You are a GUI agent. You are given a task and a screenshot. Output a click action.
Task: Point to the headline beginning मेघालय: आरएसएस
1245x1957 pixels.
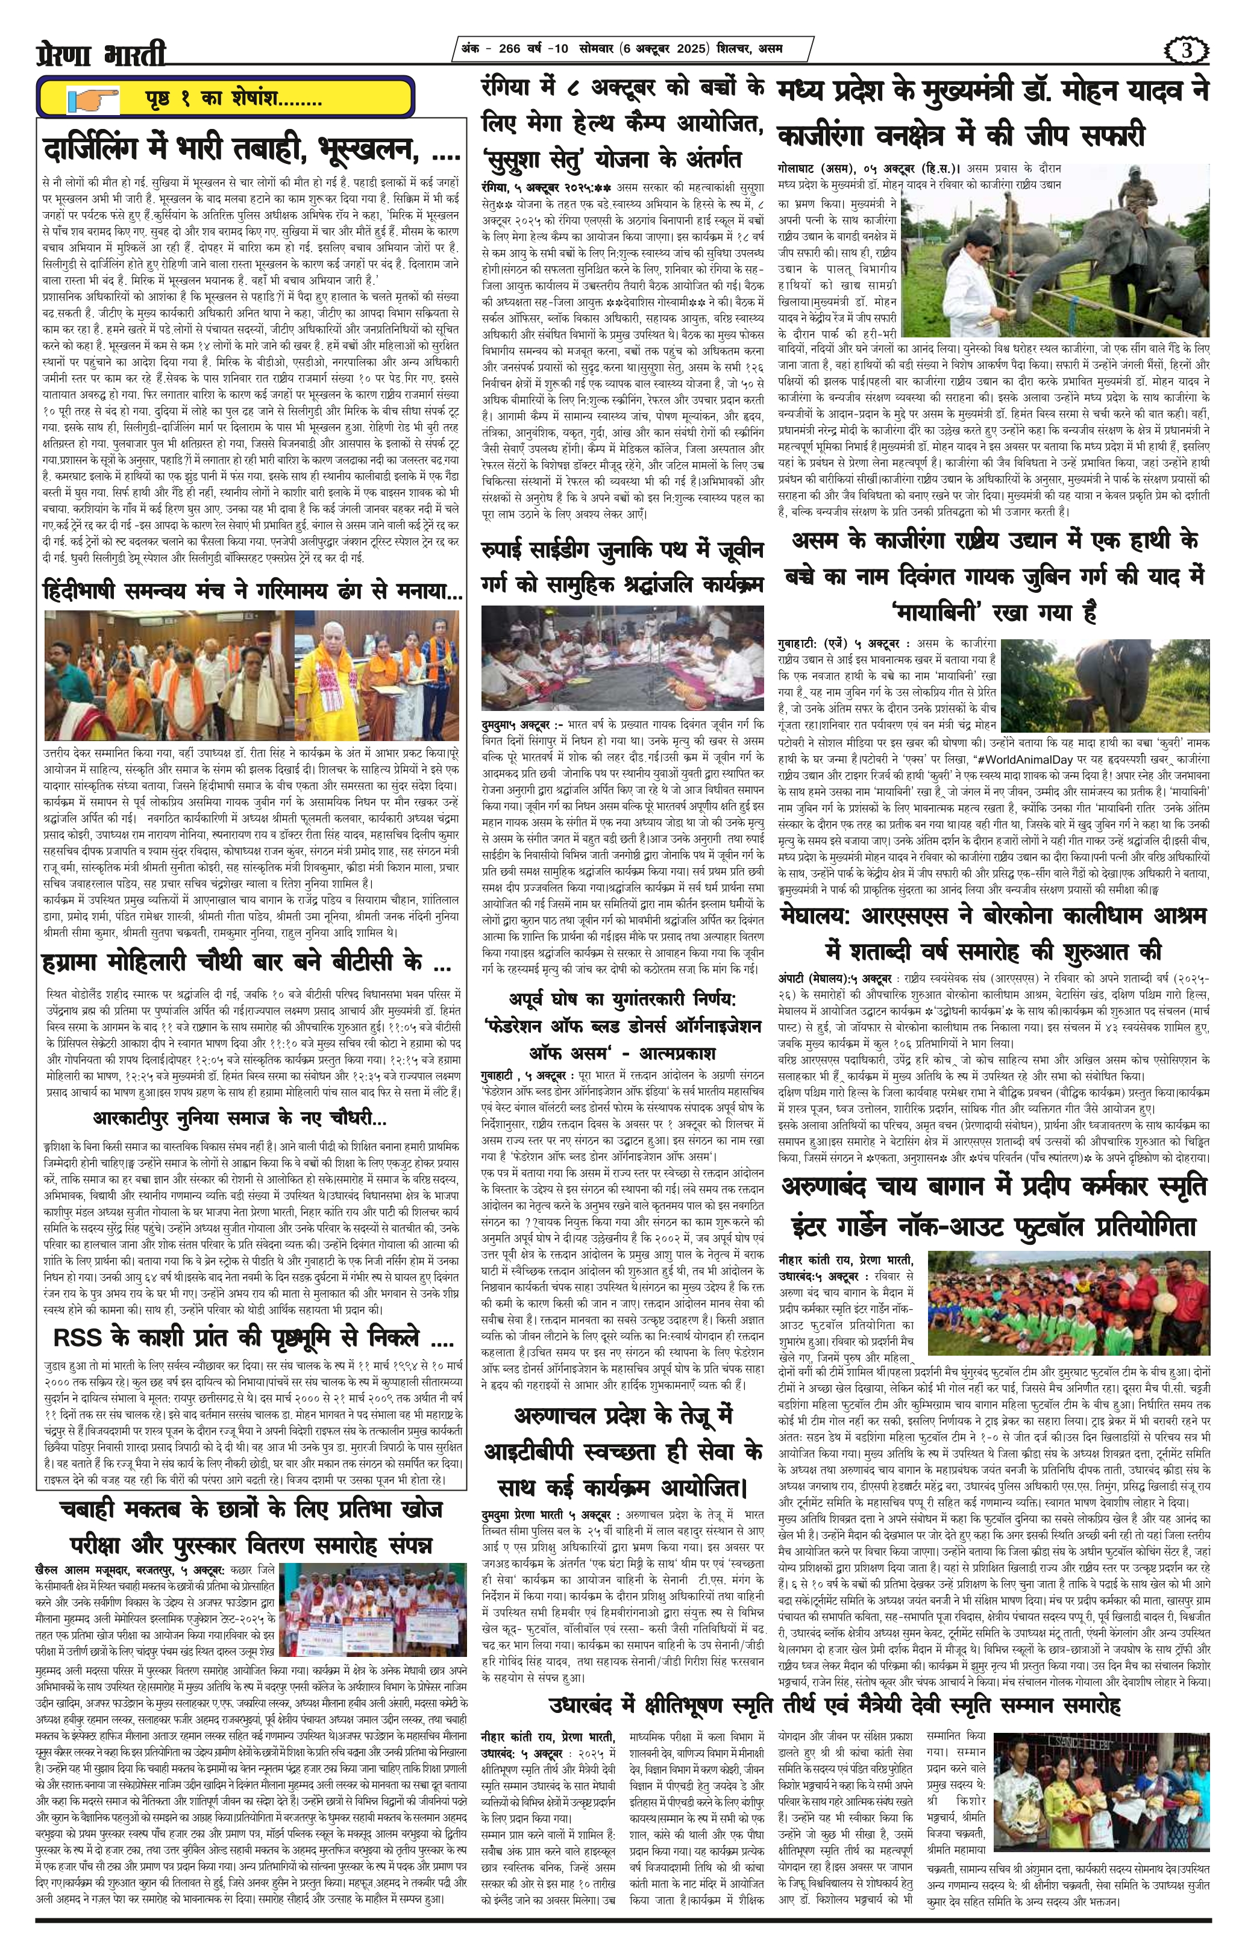(x=993, y=916)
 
